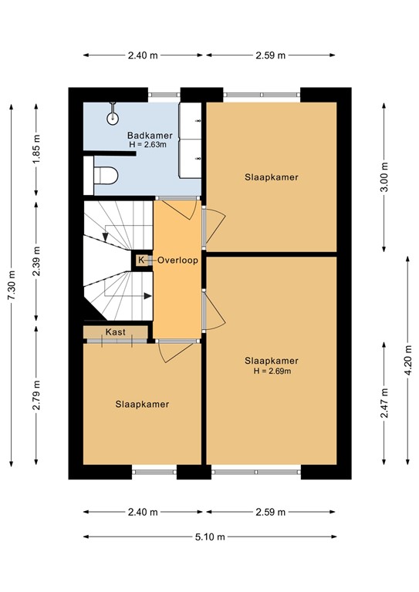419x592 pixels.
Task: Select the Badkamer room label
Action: [x=150, y=135]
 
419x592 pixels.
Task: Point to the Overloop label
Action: [x=178, y=261]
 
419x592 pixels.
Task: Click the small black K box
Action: [x=140, y=261]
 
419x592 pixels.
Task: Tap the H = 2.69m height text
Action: [x=271, y=371]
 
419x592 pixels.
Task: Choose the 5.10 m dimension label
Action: [x=209, y=537]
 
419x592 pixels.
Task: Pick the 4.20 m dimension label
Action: [x=407, y=360]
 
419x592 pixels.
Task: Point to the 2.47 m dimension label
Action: [x=384, y=404]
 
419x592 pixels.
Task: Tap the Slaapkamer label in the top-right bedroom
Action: [x=271, y=177]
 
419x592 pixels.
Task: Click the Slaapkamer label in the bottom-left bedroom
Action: [x=142, y=404]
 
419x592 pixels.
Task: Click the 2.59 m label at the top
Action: [x=271, y=55]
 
